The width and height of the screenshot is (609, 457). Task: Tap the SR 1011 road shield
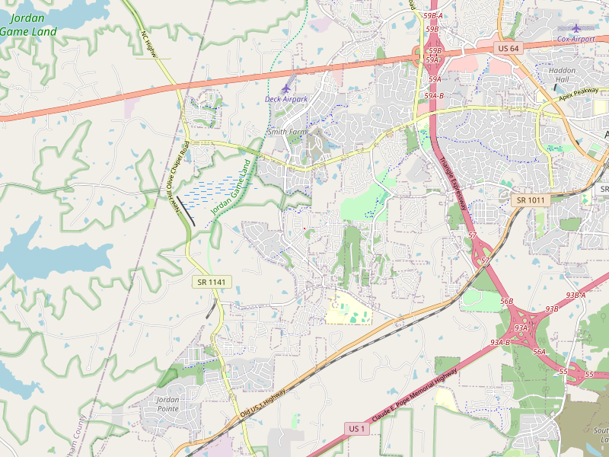tap(530, 200)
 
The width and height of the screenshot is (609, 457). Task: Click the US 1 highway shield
tap(357, 429)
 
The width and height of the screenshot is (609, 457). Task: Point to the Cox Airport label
tap(575, 38)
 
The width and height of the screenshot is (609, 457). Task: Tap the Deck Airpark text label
tap(286, 99)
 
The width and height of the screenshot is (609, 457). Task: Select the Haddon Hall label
tap(563, 75)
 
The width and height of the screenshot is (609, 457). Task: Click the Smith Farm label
tap(285, 132)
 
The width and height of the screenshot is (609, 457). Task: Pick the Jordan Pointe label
tap(167, 404)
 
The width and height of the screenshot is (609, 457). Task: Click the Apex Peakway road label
tap(578, 94)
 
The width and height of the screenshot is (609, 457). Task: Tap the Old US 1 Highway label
tap(263, 402)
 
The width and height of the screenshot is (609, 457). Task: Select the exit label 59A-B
tap(434, 96)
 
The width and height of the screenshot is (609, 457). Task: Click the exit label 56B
tap(506, 302)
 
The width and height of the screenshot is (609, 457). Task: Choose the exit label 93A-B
tap(500, 342)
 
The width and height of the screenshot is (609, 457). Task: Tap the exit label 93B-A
tap(576, 295)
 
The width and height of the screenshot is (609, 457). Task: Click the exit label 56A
tap(540, 351)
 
